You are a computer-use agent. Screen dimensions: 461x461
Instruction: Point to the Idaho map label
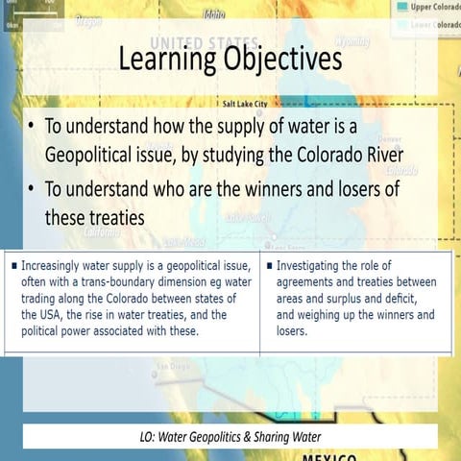point(214,14)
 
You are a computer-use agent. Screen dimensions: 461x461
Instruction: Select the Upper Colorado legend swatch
point(397,6)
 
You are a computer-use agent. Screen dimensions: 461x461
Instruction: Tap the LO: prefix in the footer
point(149,437)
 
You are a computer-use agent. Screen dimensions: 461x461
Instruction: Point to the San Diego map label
point(174,366)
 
